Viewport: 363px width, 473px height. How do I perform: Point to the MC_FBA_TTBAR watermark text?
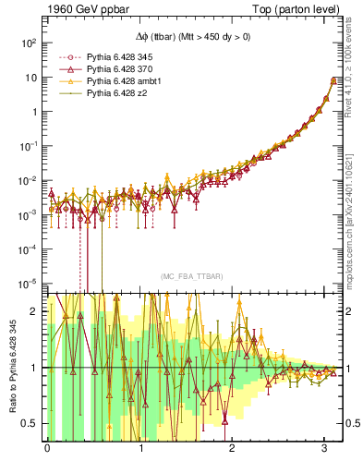[190, 276]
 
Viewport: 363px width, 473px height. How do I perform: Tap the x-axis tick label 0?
[47, 450]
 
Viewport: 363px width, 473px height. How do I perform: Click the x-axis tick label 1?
[140, 450]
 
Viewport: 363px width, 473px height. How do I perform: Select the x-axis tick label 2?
[233, 450]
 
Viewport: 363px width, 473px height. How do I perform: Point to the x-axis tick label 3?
[325, 450]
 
